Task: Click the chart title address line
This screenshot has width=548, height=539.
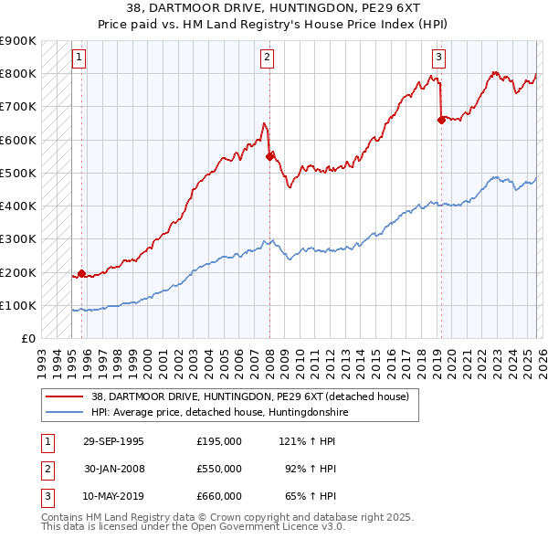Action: point(274,8)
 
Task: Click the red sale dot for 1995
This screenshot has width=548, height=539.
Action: point(82,273)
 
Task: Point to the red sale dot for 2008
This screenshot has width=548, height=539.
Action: point(269,156)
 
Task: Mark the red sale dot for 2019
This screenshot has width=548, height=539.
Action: point(441,119)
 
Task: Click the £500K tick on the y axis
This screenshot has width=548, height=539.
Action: point(18,173)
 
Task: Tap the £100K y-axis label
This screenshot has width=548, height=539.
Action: point(18,305)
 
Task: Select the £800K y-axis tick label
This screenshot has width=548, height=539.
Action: point(18,73)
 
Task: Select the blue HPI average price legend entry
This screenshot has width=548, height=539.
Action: point(220,413)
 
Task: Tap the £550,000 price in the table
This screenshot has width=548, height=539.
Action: point(219,469)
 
